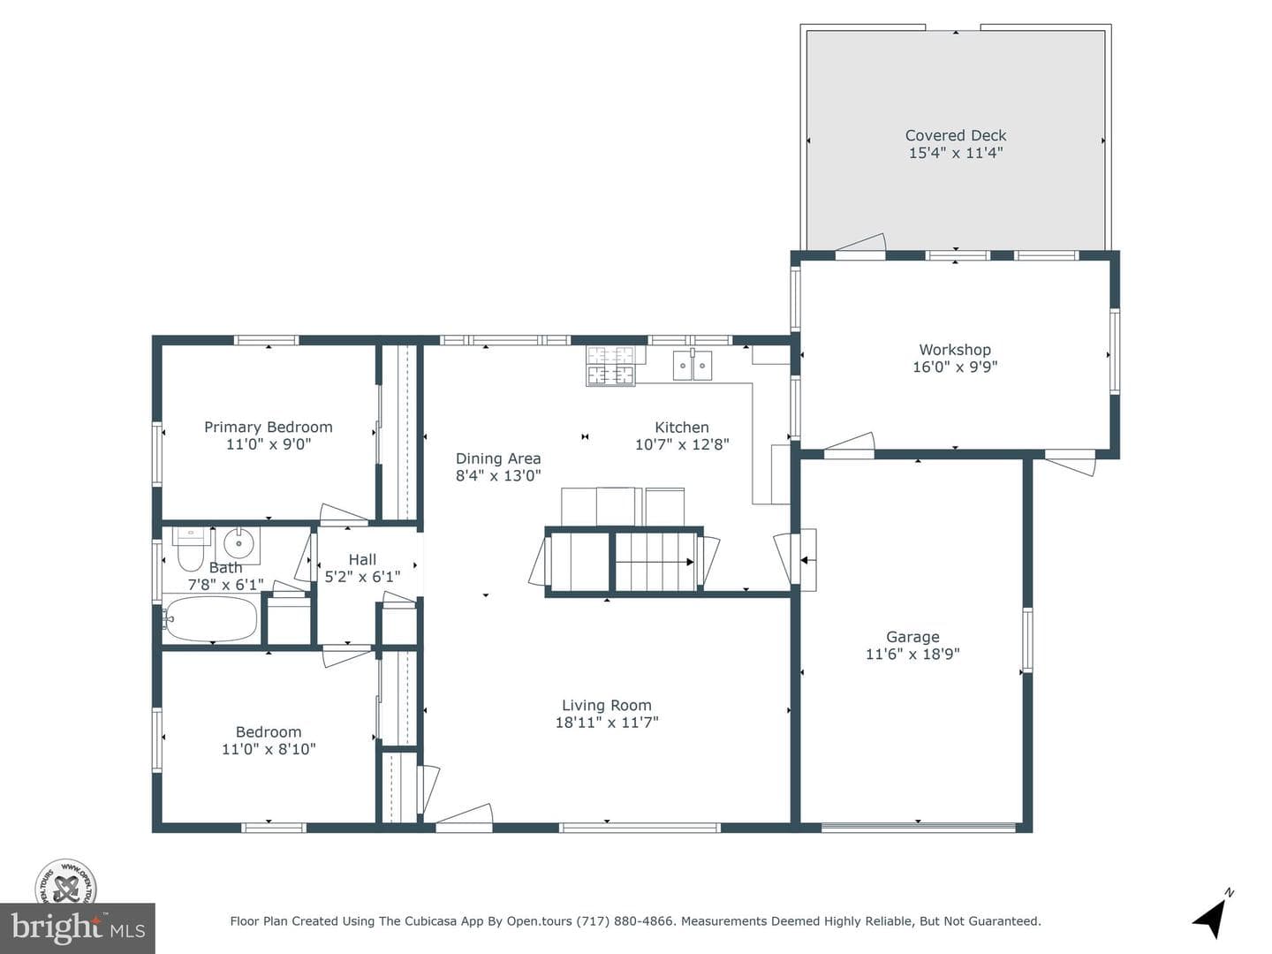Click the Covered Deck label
956,135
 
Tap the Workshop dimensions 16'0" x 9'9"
955,367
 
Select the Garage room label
912,637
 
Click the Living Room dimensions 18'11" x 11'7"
607,723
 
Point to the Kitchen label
681,428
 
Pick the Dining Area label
498,458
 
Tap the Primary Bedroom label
269,428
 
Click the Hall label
362,559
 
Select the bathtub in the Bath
210,618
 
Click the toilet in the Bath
190,549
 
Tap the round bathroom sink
238,544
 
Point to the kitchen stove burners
610,366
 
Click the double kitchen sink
693,366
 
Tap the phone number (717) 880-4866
626,921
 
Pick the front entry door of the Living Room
464,817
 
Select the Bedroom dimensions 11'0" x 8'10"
269,749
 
